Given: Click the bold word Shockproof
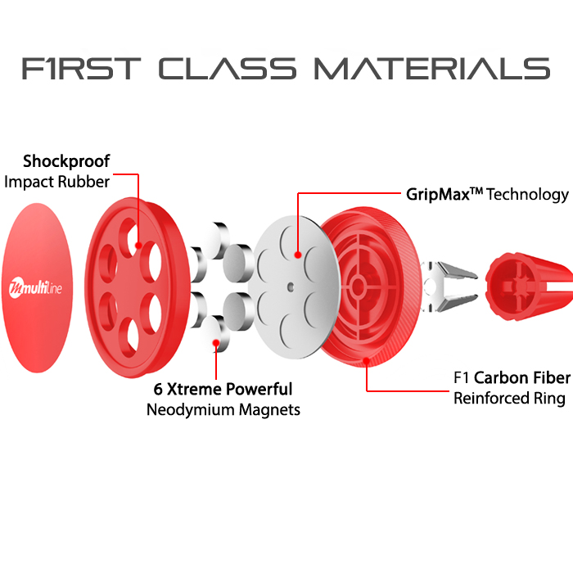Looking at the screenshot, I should click(x=66, y=161).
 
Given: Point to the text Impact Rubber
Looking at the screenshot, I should click(x=56, y=182).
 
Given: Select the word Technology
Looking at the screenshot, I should click(x=528, y=195).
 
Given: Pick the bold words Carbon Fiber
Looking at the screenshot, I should click(x=521, y=378).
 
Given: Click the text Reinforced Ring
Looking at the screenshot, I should click(x=509, y=399).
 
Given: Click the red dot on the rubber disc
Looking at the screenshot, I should click(x=138, y=244).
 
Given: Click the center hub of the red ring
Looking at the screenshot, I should click(x=358, y=286).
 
